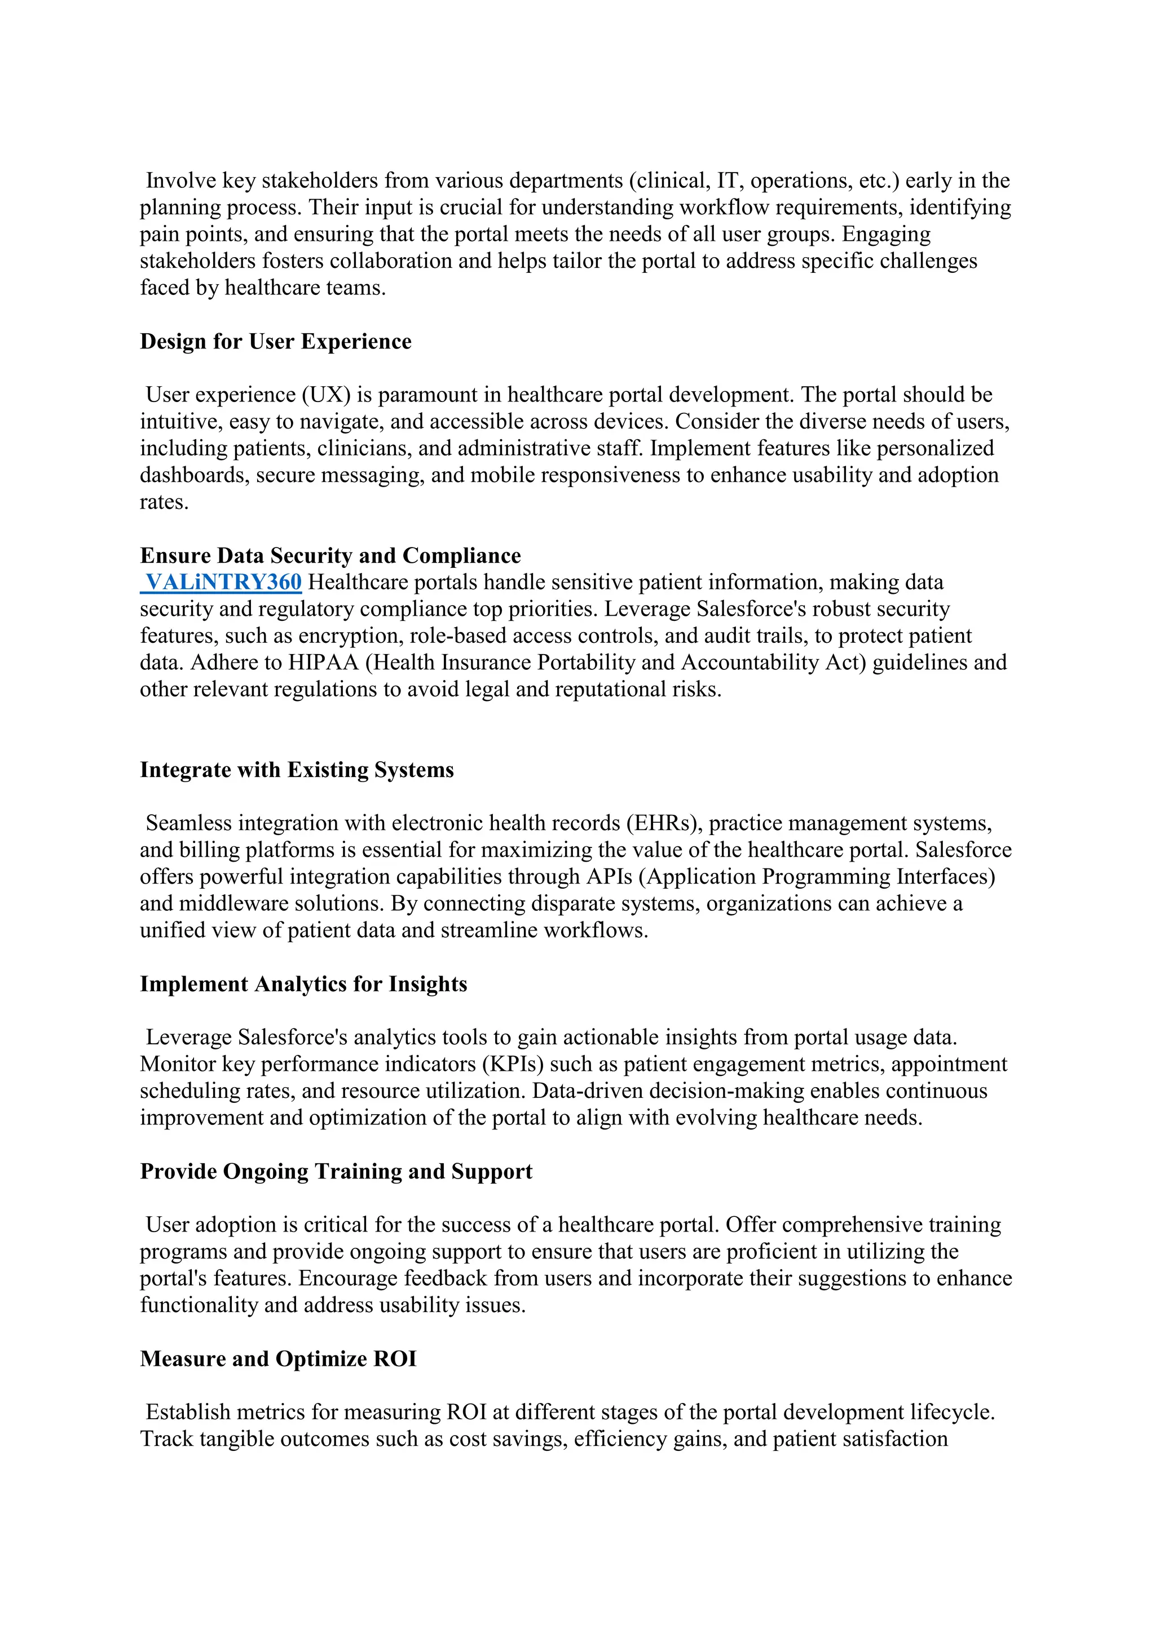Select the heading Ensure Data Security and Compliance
330,555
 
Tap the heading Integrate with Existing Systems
297,770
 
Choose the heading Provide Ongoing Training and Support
336,1171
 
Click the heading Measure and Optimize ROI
278,1358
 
